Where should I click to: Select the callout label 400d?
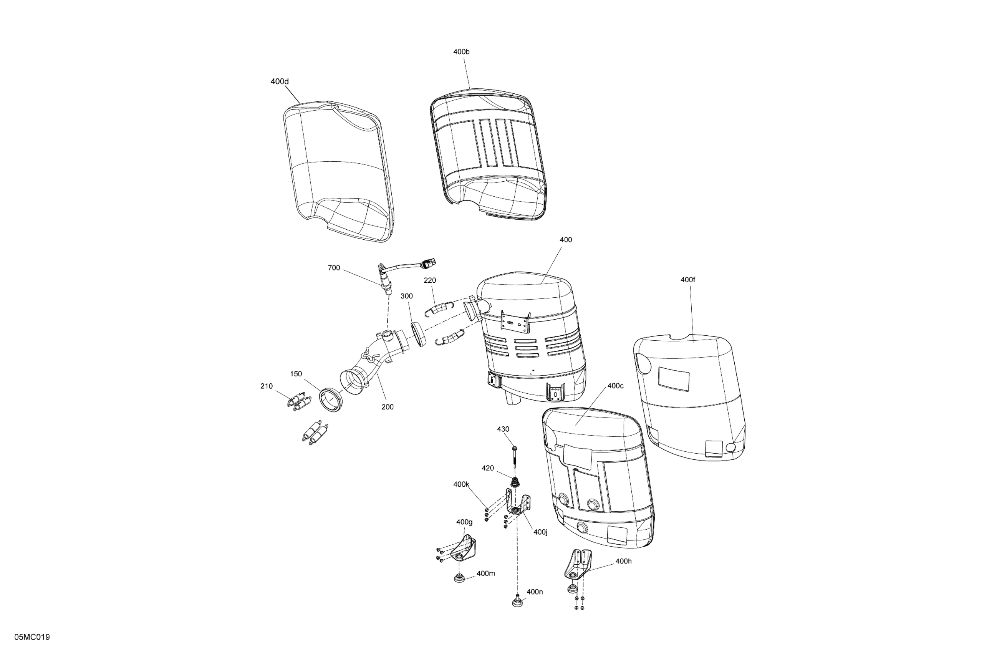pos(280,81)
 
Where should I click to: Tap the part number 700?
pos(334,268)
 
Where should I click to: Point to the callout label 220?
pos(430,280)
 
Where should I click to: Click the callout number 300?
pos(407,296)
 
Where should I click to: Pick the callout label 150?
pos(296,374)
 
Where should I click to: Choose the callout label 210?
pos(267,386)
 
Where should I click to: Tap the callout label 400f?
pos(688,280)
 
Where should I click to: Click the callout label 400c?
pos(616,386)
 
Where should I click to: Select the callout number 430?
pos(503,429)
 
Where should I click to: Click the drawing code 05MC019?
pos(32,637)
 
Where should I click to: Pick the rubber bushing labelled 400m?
pos(459,578)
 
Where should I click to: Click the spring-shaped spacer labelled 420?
pos(515,482)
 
